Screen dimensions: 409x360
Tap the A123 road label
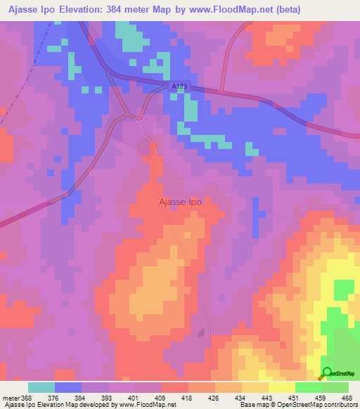(180, 86)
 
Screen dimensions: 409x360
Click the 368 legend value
(27, 397)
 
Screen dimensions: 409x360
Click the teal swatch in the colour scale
(41, 387)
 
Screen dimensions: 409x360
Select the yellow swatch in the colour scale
(282, 387)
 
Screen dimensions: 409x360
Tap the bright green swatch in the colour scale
(309, 387)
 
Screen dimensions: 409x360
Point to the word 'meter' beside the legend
(11, 397)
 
